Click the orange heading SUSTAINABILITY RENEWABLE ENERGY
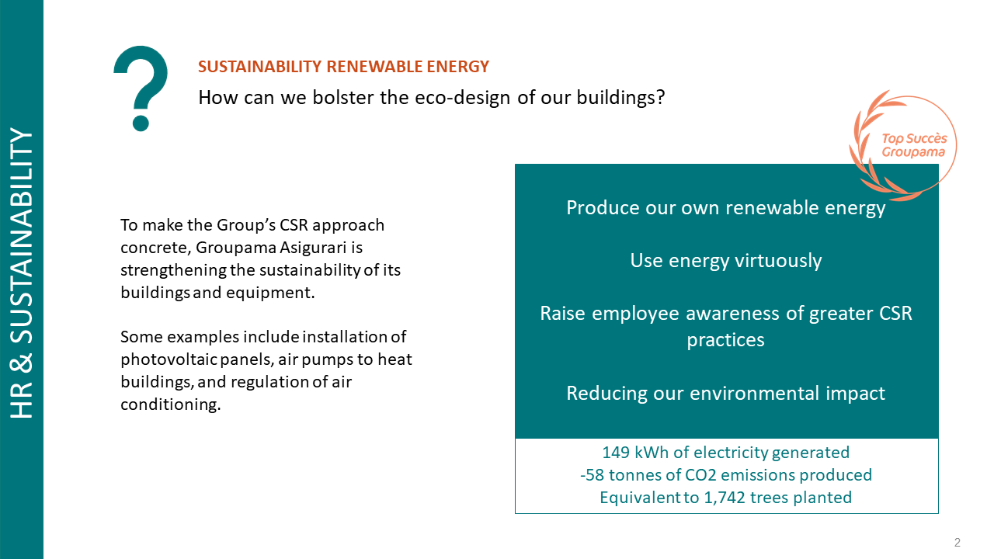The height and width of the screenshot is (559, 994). pos(343,67)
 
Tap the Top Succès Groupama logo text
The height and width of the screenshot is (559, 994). pos(914,145)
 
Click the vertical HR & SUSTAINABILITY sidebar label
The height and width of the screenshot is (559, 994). pos(21,273)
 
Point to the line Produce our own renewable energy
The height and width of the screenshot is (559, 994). pos(726,208)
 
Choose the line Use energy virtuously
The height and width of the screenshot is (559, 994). pos(726,260)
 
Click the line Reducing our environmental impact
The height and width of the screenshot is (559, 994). pos(726,394)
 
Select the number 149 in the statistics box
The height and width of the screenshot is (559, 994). pos(616,453)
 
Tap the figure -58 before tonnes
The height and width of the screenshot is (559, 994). pos(592,475)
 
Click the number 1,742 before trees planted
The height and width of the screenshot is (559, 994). pos(725,498)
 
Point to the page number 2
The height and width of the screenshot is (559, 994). pos(958,542)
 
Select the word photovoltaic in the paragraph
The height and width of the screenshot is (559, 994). pos(169,359)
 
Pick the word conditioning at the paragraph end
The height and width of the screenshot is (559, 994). pos(170,404)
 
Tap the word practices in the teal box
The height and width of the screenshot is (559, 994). pos(726,340)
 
